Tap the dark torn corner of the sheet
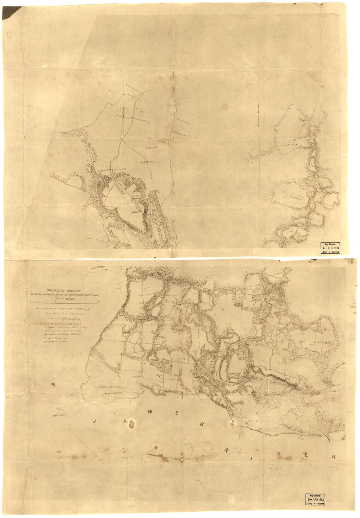coord(7,10)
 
